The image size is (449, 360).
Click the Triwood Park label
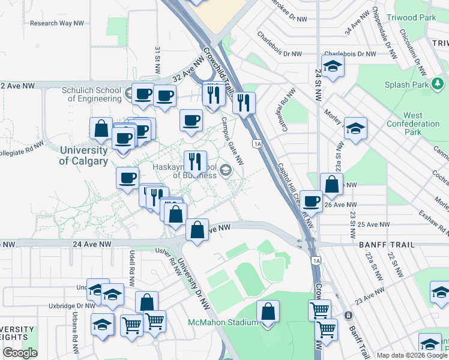tap(412, 18)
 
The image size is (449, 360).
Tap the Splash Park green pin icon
tap(424, 85)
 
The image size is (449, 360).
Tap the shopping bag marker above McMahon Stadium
tap(268, 313)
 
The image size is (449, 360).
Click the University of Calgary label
tap(83, 155)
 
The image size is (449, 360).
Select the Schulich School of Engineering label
tap(91, 95)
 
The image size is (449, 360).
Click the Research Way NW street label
tap(56, 23)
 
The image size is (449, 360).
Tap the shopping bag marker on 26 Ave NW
tap(331, 185)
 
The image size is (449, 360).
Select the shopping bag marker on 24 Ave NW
tap(197, 229)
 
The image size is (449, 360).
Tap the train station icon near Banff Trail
tap(348, 316)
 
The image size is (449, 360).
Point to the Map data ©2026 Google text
tap(412, 355)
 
